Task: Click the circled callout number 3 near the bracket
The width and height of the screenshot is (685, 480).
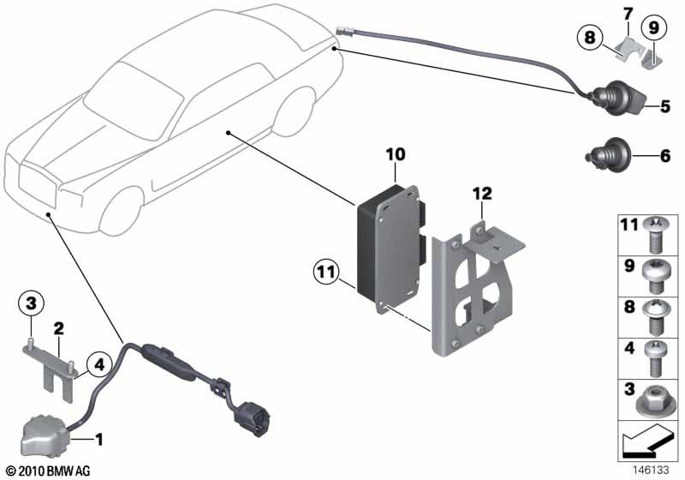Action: [x=31, y=303]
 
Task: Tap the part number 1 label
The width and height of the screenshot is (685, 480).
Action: [x=98, y=441]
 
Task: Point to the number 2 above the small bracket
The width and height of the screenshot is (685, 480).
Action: [x=59, y=328]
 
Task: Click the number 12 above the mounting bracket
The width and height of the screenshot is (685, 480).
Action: [x=482, y=195]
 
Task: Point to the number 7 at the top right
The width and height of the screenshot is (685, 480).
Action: [x=628, y=15]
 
